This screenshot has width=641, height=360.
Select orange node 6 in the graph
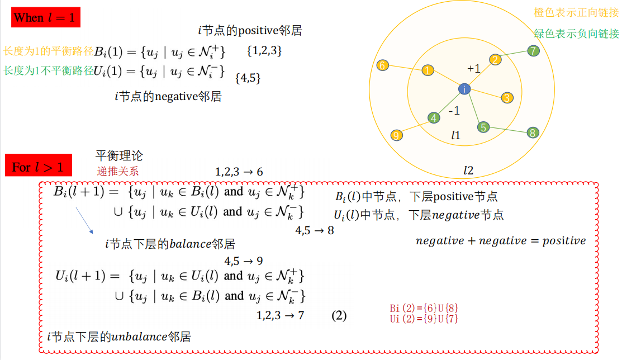pyautogui.click(x=382, y=65)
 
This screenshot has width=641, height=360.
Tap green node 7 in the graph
pyautogui.click(x=534, y=51)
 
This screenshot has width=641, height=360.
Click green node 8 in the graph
pyautogui.click(x=533, y=132)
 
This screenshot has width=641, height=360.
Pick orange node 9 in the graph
pyautogui.click(x=396, y=135)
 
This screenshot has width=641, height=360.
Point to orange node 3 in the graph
pyautogui.click(x=507, y=98)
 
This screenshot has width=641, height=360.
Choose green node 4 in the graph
pyautogui.click(x=434, y=118)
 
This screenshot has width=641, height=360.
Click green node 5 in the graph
pyautogui.click(x=483, y=127)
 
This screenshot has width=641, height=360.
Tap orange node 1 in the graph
pyautogui.click(x=428, y=70)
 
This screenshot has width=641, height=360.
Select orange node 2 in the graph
pyautogui.click(x=495, y=60)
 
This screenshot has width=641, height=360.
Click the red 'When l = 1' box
pyautogui.click(x=46, y=17)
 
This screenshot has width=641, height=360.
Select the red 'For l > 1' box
pyautogui.click(x=38, y=167)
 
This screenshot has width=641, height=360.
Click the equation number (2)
pyautogui.click(x=339, y=316)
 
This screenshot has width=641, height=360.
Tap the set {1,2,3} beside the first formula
pyautogui.click(x=264, y=51)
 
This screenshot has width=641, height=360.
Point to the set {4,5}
pyautogui.click(x=248, y=78)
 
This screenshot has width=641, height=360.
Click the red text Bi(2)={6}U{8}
pyautogui.click(x=424, y=309)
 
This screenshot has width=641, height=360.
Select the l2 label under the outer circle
pyautogui.click(x=468, y=170)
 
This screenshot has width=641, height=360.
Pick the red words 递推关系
pyautogui.click(x=118, y=170)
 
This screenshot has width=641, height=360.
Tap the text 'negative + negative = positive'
pyautogui.click(x=501, y=241)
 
